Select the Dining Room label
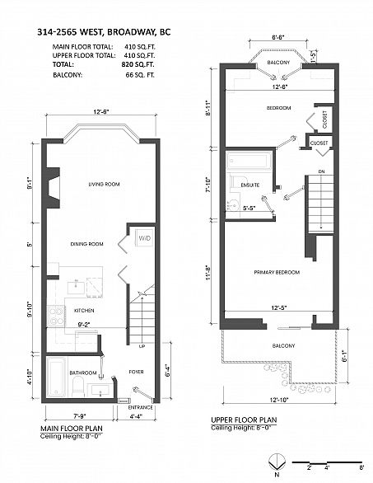click(x=86, y=243)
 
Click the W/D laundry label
click(x=144, y=239)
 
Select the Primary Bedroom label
click(x=276, y=272)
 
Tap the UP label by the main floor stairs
click(x=142, y=346)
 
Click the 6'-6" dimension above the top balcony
click(x=277, y=37)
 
